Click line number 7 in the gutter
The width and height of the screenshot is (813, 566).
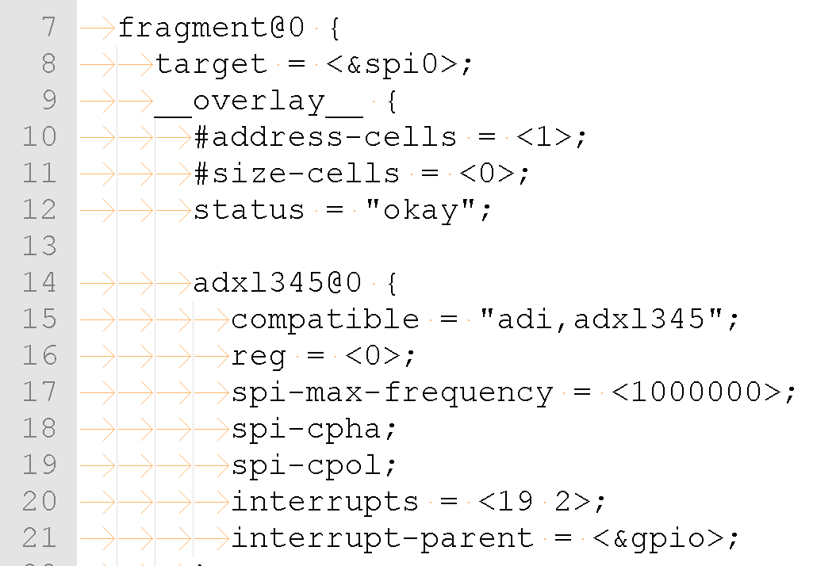pos(48,28)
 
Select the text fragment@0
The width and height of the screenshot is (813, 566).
pos(211,28)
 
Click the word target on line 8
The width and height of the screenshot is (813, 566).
pos(211,64)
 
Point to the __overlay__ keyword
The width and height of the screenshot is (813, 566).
pos(259,101)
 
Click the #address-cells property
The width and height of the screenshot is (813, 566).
pos(325,137)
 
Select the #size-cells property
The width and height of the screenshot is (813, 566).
pos(297,174)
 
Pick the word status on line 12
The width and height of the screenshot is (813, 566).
pos(249,210)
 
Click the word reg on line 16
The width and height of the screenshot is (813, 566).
pos(259,355)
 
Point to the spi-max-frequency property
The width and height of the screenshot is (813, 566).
pos(392,392)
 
